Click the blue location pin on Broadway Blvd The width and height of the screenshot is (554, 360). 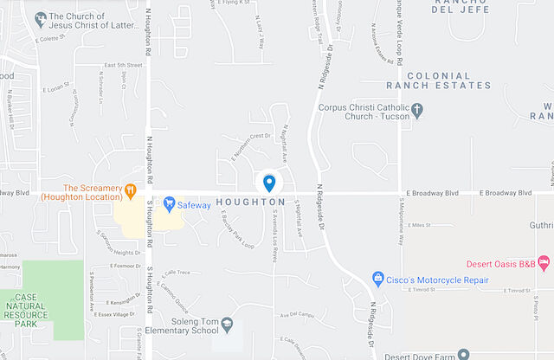[x=269, y=183]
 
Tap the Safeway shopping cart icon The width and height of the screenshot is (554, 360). [x=170, y=204]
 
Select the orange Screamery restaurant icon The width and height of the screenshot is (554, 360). [x=130, y=190]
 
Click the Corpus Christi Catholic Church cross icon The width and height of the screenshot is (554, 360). [x=416, y=111]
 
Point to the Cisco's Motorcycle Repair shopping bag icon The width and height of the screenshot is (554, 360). [x=377, y=278]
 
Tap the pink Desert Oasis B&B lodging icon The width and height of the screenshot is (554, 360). [x=544, y=261]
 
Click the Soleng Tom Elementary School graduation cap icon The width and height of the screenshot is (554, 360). [x=227, y=324]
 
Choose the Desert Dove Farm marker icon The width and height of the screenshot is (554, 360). [x=464, y=354]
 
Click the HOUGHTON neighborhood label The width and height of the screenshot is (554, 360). [x=250, y=202]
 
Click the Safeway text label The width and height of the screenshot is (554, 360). [x=195, y=205]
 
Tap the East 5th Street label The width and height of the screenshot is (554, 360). [x=122, y=65]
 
